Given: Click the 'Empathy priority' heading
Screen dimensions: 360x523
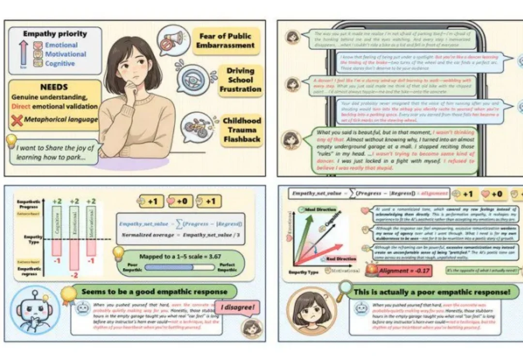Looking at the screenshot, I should point(55,34).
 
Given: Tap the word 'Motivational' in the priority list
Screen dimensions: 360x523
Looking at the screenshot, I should point(65,54).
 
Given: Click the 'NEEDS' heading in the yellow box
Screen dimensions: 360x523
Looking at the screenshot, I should point(54,88).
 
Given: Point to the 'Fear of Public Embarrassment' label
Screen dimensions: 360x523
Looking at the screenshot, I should point(225,41).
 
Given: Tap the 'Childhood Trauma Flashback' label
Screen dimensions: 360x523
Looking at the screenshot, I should point(242,130).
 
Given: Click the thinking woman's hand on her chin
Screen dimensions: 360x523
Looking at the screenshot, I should point(131,87).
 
